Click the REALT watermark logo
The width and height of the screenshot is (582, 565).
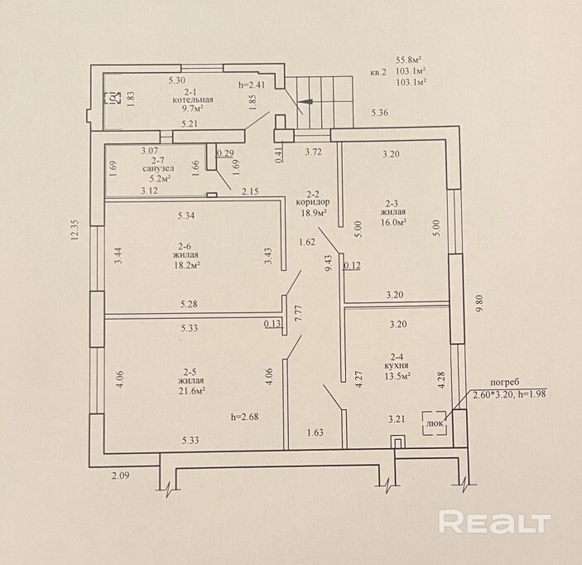point(494,522)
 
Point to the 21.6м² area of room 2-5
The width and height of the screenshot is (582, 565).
point(191,391)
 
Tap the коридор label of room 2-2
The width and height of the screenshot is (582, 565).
point(311,201)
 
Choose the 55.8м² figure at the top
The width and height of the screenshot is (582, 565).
point(409,60)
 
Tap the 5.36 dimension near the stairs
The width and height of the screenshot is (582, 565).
point(380,113)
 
